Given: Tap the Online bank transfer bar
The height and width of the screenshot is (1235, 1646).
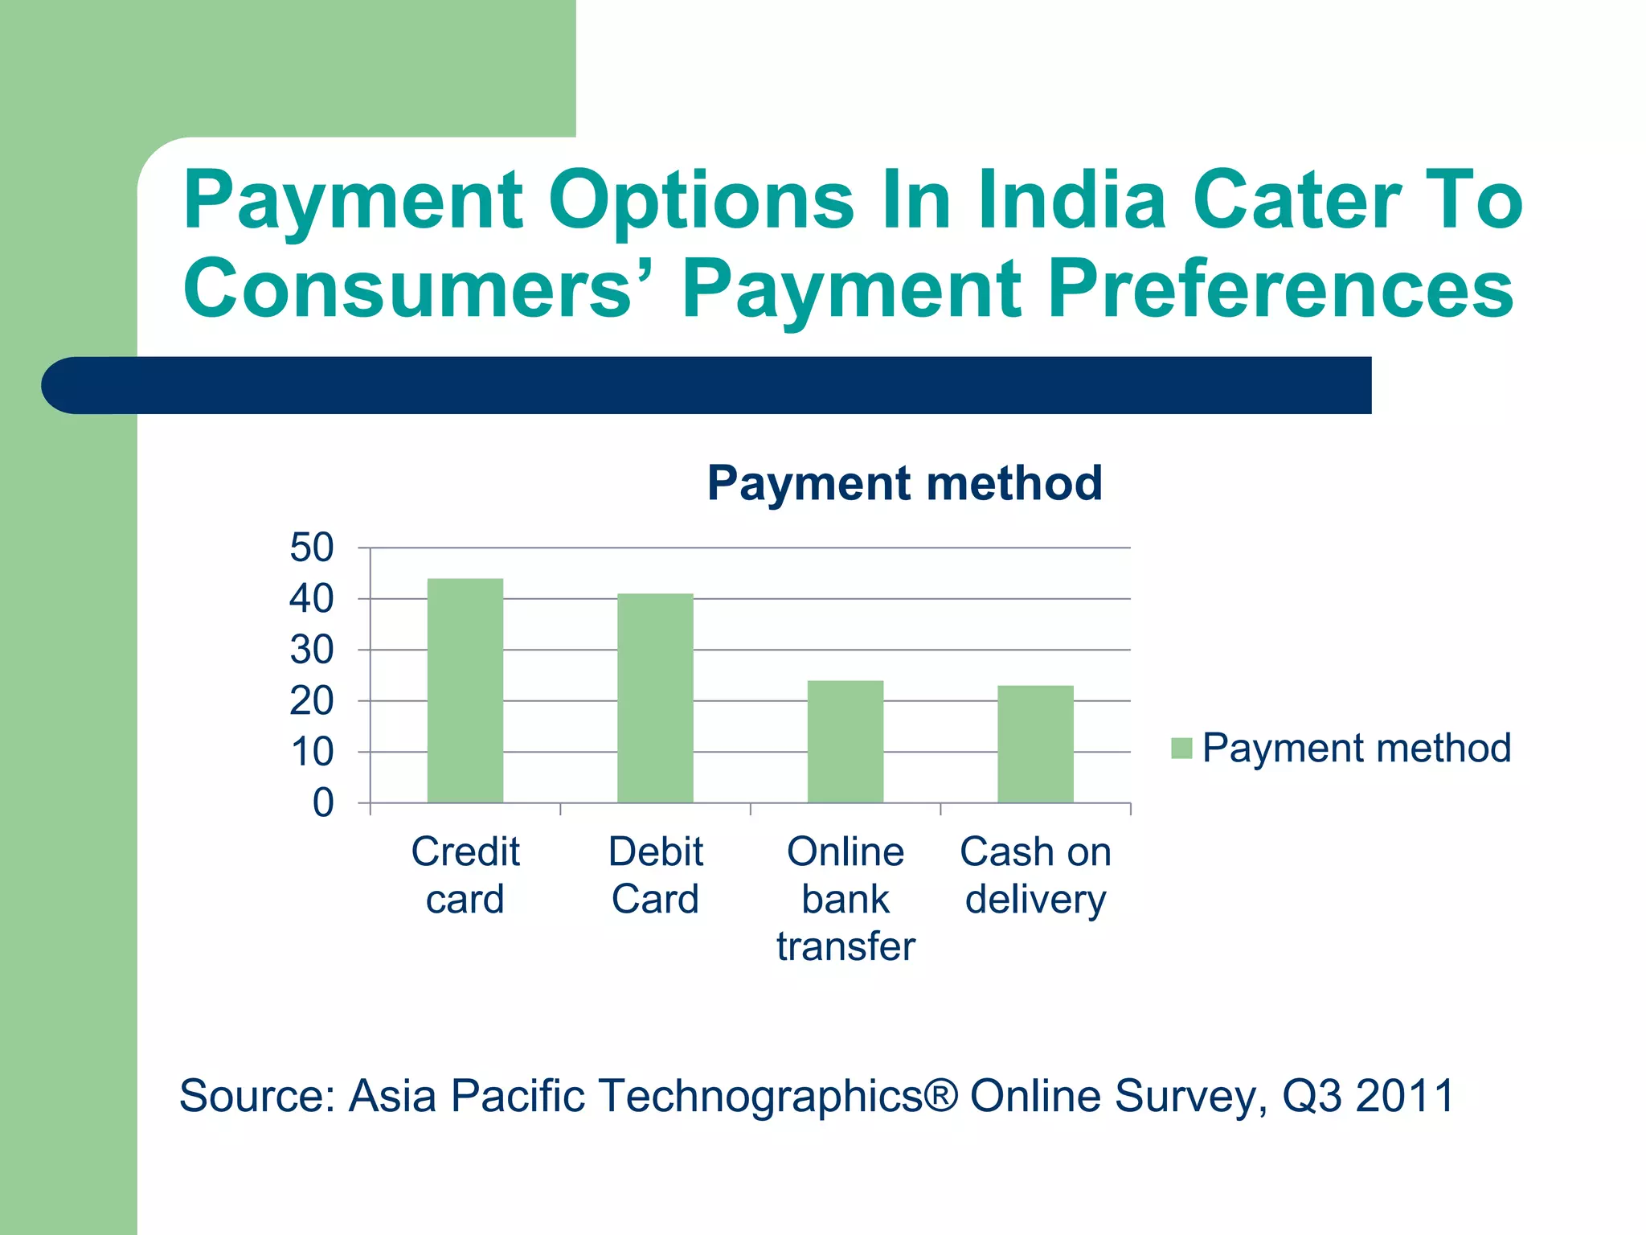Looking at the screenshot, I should [845, 741].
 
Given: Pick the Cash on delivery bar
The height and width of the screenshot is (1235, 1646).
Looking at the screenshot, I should [1035, 744].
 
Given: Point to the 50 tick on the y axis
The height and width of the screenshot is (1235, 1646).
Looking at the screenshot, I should [312, 548].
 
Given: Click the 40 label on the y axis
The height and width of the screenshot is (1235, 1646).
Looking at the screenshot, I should [312, 599].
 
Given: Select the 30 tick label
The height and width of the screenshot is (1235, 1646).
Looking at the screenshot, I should [312, 650].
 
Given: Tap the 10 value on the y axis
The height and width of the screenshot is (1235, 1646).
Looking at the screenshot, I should [312, 753].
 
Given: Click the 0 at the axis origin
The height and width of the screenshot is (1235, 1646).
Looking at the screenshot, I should [323, 802].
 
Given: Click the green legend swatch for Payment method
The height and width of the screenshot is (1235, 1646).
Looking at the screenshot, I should [1181, 749].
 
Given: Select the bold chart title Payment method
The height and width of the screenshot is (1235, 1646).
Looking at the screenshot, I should [904, 483].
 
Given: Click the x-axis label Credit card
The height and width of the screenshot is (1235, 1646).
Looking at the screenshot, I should [465, 875].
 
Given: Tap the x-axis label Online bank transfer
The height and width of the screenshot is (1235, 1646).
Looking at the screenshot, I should [846, 898].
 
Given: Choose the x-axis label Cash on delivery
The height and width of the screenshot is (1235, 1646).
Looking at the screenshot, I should [1035, 875].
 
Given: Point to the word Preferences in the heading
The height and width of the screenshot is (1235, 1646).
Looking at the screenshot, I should [1281, 289].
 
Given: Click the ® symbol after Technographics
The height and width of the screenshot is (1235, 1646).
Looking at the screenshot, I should [941, 1094].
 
